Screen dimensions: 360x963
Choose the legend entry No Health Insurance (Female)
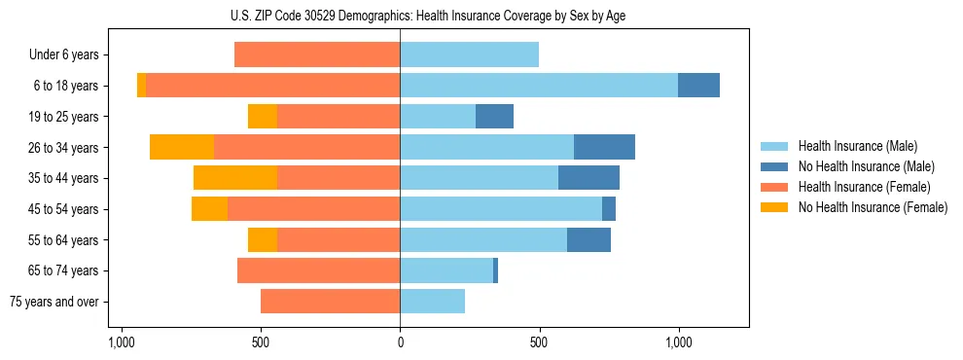click(873, 207)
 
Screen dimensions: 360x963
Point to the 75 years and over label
click(54, 302)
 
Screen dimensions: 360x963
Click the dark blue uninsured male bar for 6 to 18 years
click(698, 86)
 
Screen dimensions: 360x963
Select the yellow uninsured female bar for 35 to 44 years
click(235, 178)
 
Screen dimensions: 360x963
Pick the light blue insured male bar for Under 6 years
click(469, 55)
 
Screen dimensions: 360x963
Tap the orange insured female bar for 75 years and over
click(330, 302)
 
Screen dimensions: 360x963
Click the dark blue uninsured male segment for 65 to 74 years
click(496, 270)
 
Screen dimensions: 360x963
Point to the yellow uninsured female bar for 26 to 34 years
click(182, 147)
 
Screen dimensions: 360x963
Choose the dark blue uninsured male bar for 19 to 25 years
click(494, 117)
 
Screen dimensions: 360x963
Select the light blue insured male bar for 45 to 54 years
click(501, 209)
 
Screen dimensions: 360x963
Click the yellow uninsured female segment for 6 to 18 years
click(142, 86)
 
